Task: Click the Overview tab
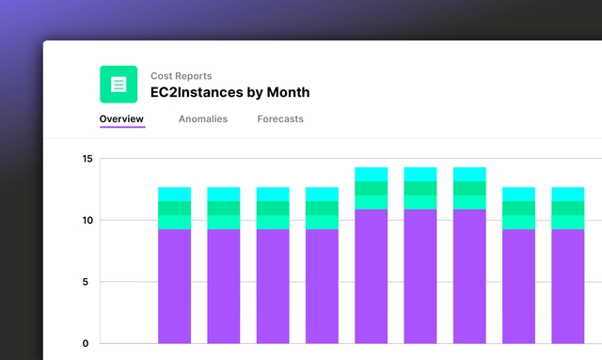pos(121,119)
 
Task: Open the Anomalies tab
pos(203,119)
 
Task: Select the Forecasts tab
pos(280,119)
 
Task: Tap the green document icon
pos(119,85)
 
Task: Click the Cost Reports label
pos(182,76)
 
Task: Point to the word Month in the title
pos(288,92)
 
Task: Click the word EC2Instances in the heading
pos(197,92)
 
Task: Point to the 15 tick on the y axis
pos(87,159)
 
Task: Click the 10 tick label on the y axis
pos(87,220)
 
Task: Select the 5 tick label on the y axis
pos(86,282)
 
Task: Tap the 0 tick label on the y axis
pos(86,343)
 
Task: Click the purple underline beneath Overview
pos(122,127)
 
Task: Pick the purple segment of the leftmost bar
pos(174,287)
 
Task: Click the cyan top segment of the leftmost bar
pos(174,195)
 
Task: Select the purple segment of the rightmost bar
pos(568,287)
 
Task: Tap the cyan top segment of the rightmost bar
pos(568,195)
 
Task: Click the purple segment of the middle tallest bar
pos(420,276)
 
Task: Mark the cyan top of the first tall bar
pos(372,174)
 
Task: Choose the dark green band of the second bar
pos(224,208)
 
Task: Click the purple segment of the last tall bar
pos(469,276)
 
